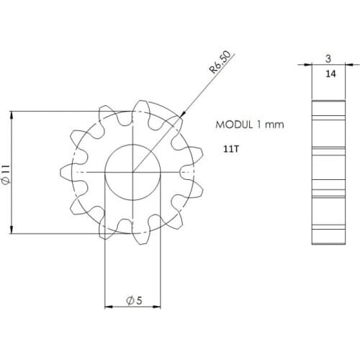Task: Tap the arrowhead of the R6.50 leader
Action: [183, 115]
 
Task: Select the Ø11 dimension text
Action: [6, 173]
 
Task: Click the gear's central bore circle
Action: [133, 173]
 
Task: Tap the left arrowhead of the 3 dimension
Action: [315, 66]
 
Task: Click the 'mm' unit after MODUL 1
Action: [274, 125]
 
